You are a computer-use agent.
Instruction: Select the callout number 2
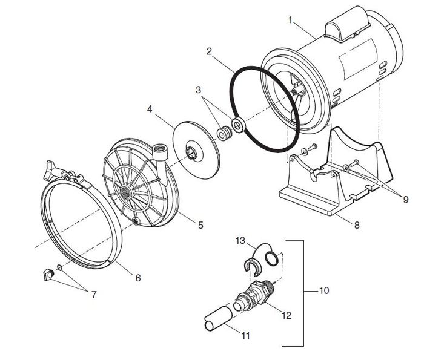pos(210,53)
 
